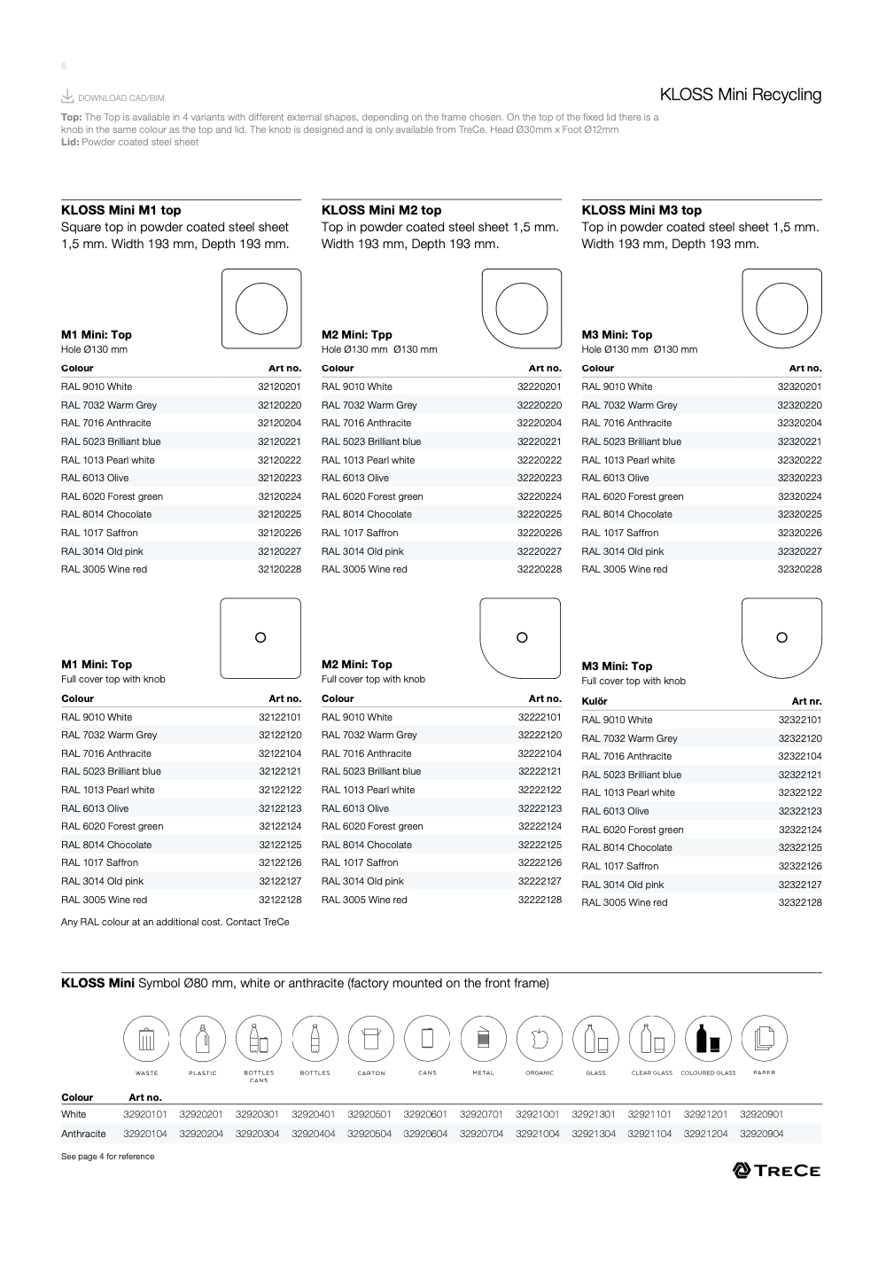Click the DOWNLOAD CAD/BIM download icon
tap(67, 97)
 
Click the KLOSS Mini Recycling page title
tap(740, 95)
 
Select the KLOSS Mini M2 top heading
tap(381, 210)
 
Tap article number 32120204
tap(279, 424)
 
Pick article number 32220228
tap(539, 570)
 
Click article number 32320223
tap(799, 479)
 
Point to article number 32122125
tap(280, 846)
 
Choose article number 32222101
tap(540, 718)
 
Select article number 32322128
tap(800, 903)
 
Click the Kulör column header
tap(595, 702)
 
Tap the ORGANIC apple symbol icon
tap(540, 1038)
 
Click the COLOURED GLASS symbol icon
tap(708, 1038)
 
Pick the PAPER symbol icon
tap(764, 1038)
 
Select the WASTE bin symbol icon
tap(146, 1038)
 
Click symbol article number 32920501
tap(369, 1115)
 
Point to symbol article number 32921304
tap(594, 1135)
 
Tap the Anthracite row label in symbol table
tap(83, 1135)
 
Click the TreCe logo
tap(776, 1171)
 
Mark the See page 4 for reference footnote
tap(107, 1157)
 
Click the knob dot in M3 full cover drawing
tap(781, 637)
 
